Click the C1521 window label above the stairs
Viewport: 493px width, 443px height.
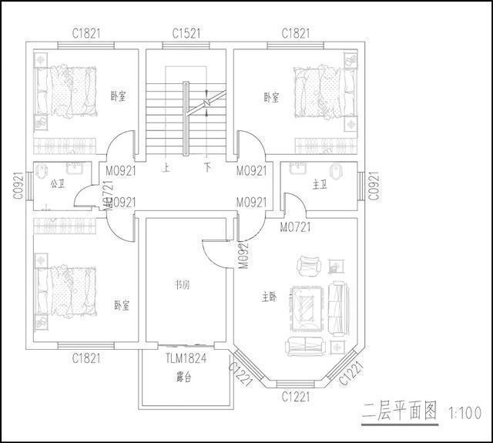[187, 33]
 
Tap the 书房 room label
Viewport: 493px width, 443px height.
[182, 284]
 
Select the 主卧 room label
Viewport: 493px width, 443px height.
[269, 296]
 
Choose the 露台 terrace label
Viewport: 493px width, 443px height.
[184, 378]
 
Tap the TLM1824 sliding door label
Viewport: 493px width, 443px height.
[186, 357]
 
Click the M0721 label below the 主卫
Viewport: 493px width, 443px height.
[295, 227]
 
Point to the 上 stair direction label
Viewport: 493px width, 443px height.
[166, 166]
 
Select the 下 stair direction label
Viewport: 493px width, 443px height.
[207, 166]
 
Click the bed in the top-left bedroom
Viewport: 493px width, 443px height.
[65, 92]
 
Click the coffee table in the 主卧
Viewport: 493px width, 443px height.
[309, 306]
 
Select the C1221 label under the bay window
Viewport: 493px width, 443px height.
[295, 397]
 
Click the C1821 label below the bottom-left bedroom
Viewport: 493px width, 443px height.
[86, 357]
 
